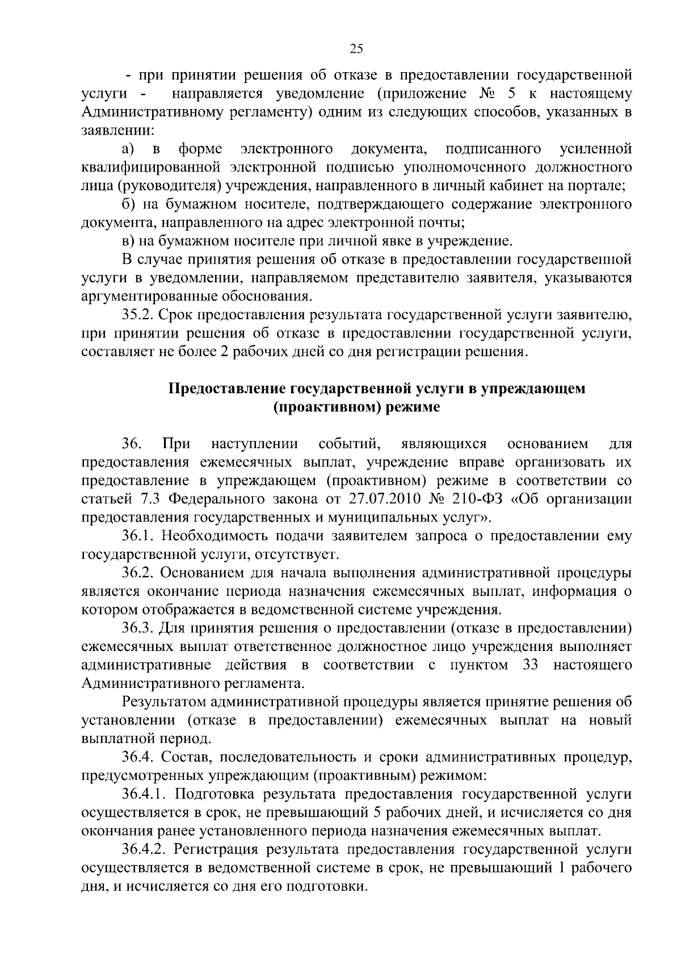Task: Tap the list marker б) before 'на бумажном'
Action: point(128,204)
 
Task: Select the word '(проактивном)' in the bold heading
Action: point(320,408)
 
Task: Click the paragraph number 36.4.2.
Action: point(146,849)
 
